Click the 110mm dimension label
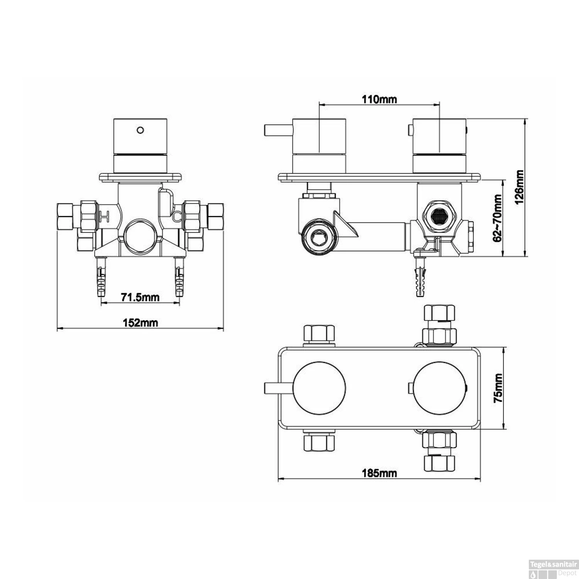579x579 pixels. (x=379, y=99)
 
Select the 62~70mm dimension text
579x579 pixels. (x=498, y=218)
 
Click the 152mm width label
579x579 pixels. (x=141, y=322)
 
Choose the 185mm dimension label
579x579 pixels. (x=379, y=472)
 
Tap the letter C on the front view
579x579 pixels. (x=177, y=217)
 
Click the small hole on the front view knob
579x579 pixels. (x=141, y=130)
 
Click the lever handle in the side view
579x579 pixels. (x=278, y=130)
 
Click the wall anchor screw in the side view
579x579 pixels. (x=420, y=277)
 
